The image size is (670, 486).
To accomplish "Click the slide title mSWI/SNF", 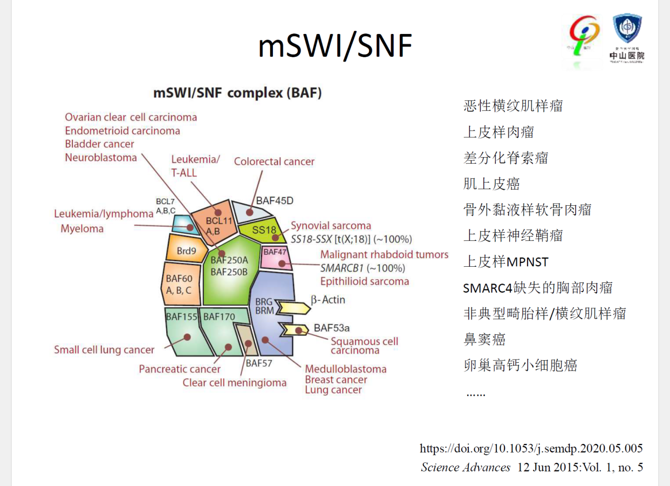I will [x=335, y=46].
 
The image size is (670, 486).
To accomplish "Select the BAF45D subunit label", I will [x=275, y=201].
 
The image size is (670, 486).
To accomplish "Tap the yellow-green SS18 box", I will [x=264, y=230].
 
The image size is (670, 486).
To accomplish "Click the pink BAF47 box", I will [x=275, y=257].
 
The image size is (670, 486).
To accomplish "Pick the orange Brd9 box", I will [x=186, y=251].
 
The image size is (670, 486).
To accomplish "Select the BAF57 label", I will [x=259, y=363].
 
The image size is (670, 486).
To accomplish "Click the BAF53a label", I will [x=332, y=328].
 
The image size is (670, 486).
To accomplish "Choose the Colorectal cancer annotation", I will [x=274, y=161].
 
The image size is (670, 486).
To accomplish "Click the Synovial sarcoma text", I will [x=331, y=226].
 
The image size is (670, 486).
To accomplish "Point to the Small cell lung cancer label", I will [x=104, y=350].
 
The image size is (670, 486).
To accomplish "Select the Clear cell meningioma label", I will [x=234, y=383].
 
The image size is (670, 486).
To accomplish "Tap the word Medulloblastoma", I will [x=345, y=369].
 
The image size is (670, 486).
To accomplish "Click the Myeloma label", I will [x=82, y=228].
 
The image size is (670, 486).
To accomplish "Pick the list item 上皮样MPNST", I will [x=505, y=262].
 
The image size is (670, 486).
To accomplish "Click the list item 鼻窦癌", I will [x=484, y=339].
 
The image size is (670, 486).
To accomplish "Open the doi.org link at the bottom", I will [x=531, y=448].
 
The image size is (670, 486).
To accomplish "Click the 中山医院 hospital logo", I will [x=627, y=38].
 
